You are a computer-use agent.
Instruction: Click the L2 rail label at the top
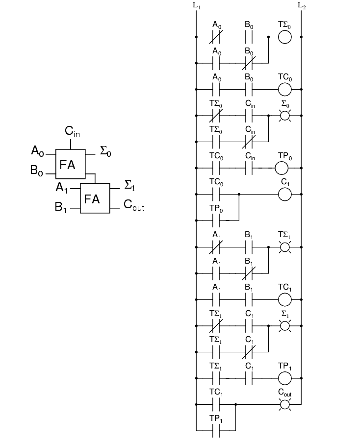coord(302,6)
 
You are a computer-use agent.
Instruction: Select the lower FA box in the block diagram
coord(95,199)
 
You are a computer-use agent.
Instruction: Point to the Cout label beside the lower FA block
coord(134,206)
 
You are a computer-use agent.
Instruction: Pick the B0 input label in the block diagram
coord(37,171)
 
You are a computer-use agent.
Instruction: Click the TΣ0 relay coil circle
coord(284,37)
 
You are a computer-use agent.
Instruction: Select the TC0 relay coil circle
coord(284,89)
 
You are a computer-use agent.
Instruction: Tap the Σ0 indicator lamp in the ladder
coord(284,116)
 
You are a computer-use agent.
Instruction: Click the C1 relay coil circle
coord(284,195)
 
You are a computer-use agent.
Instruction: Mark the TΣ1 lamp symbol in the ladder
coord(284,247)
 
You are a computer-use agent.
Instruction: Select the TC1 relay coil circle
coord(284,299)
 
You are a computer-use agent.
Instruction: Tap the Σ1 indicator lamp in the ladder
coord(284,326)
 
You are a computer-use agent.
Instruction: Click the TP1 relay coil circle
coord(284,378)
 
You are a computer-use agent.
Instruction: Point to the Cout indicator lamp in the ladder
coord(284,404)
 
